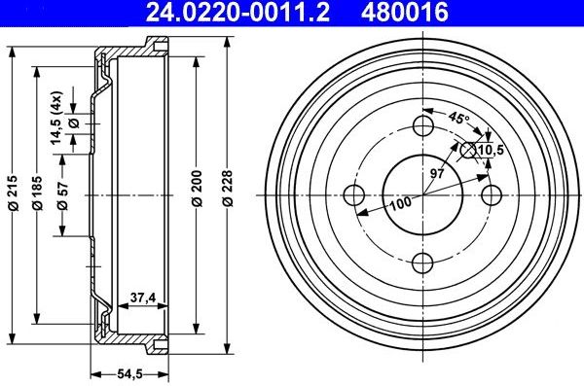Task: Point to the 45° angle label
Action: click(457, 119)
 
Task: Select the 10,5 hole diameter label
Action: click(492, 150)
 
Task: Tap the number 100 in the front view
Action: click(400, 204)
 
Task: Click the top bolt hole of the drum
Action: click(423, 125)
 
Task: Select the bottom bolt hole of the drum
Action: click(423, 262)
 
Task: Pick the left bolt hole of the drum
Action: click(355, 193)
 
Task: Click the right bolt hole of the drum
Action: click(492, 193)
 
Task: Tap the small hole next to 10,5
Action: click(468, 150)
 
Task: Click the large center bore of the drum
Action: click(423, 193)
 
